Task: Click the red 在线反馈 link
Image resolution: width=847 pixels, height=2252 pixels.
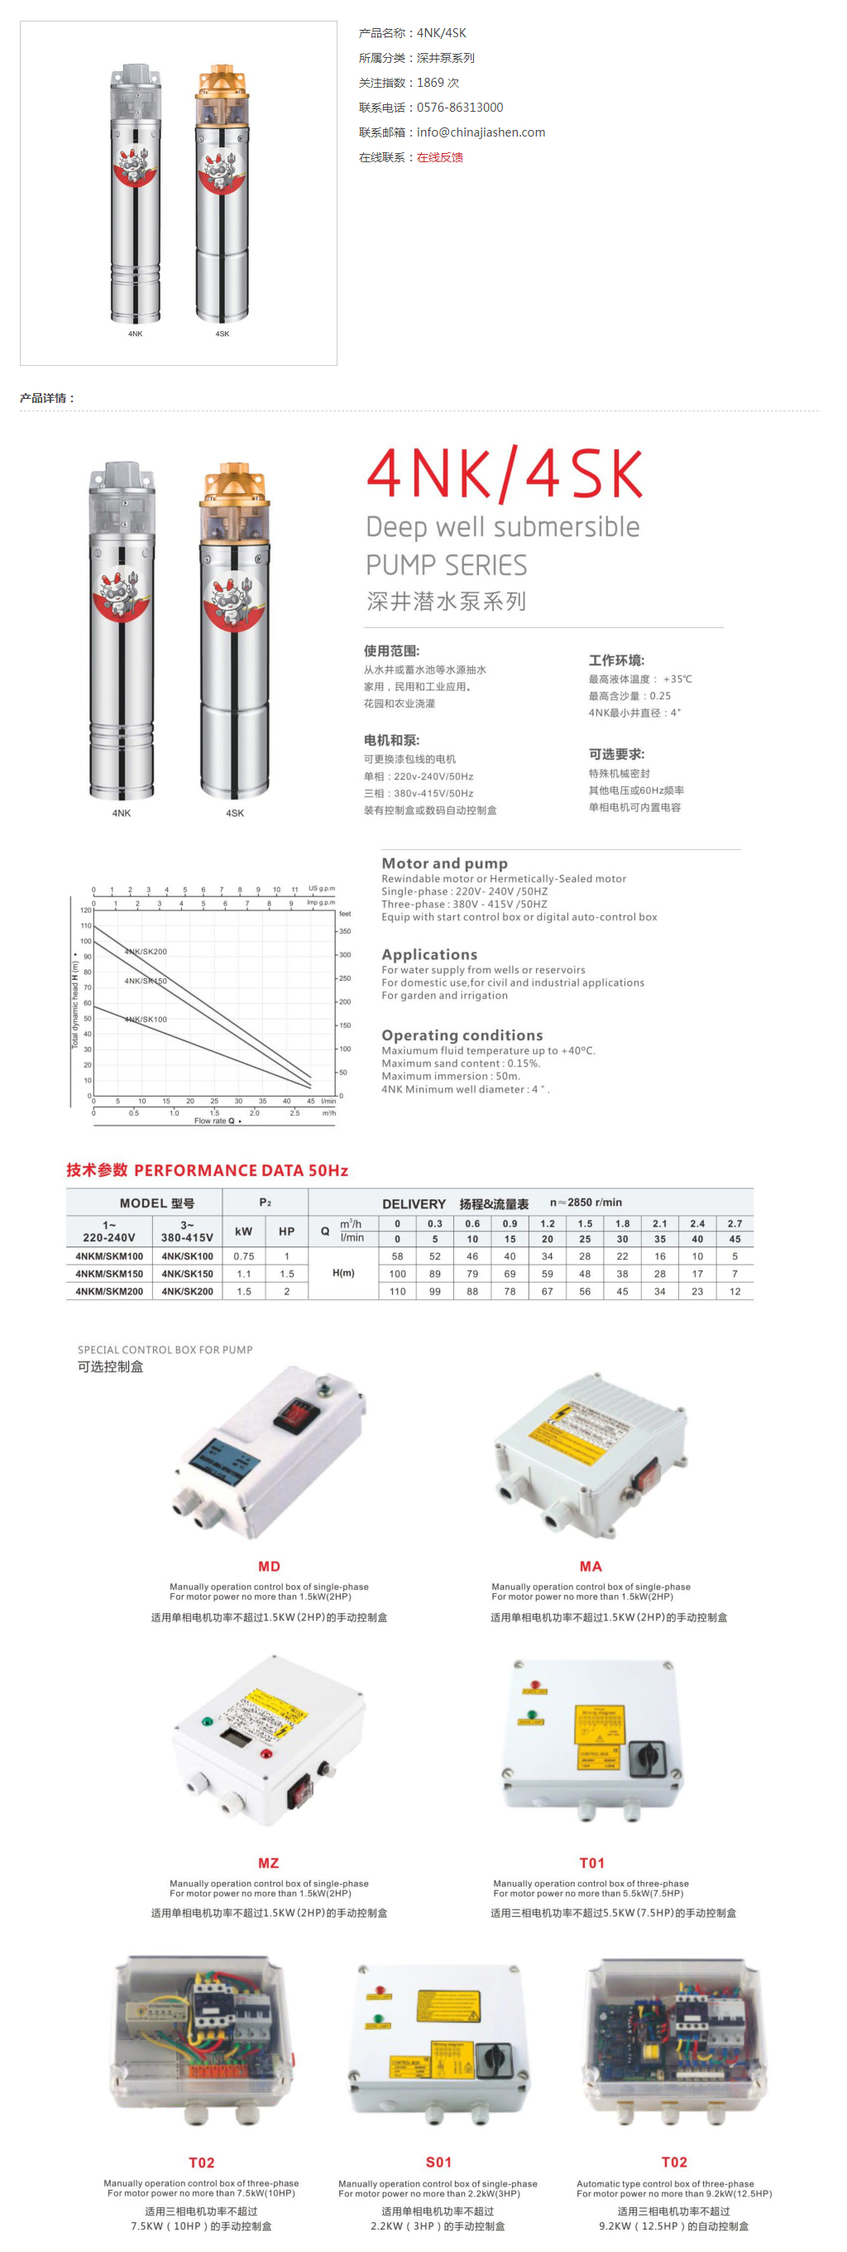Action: pos(440,157)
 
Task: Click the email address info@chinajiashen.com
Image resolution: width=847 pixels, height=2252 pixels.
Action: pos(481,132)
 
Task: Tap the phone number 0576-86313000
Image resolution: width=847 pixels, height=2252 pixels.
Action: pos(460,108)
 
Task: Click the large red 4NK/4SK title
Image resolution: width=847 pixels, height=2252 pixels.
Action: pos(505,474)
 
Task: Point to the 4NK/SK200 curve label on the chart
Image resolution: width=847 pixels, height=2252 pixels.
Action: pos(145,951)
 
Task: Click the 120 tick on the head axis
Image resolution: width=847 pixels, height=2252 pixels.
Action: pos(86,910)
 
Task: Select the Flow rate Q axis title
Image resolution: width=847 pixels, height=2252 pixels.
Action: pos(215,1121)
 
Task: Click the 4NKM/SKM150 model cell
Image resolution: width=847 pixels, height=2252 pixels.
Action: pos(109,1274)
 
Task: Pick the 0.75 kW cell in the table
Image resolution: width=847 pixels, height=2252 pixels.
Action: pos(244,1256)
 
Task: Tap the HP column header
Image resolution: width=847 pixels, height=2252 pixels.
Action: pos(287,1231)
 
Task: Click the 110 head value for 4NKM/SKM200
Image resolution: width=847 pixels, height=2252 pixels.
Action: pos(398,1291)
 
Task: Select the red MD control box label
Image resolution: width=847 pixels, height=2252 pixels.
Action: pos(269,1567)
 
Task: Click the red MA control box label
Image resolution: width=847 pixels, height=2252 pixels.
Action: pos(591,1567)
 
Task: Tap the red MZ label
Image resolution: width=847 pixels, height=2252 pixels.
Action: pos(268,1863)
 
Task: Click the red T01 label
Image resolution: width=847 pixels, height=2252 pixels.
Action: pos(591,1863)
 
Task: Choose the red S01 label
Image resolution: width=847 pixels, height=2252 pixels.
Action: pos(438,2162)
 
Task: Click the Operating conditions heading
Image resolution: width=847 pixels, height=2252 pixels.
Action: pos(462,1035)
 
